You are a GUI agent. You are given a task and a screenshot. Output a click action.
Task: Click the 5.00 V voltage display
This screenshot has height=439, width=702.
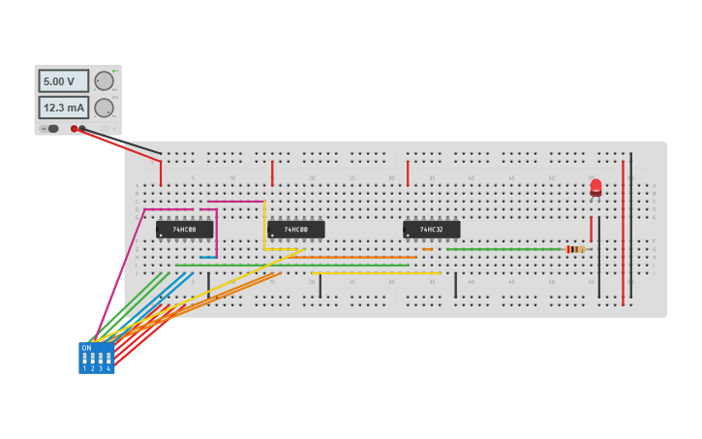63,81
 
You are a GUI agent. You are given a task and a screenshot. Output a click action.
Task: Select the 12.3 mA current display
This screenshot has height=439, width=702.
63,108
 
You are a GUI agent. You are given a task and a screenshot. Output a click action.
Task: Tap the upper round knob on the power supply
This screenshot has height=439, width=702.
104,81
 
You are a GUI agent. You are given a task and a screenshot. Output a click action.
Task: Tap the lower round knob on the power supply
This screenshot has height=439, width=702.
104,108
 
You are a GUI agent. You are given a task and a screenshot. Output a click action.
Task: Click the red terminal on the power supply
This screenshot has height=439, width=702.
74,128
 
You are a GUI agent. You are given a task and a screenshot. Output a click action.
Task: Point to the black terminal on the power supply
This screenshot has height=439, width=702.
82,128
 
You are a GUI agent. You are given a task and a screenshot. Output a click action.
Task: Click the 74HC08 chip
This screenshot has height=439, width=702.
184,230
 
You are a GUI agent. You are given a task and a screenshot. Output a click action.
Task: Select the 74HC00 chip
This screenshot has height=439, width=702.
295,230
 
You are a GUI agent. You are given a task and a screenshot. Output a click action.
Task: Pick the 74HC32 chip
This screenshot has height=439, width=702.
431,230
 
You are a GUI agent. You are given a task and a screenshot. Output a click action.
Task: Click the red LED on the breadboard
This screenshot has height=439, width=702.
595,187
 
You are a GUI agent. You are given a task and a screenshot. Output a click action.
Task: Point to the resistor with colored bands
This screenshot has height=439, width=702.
576,249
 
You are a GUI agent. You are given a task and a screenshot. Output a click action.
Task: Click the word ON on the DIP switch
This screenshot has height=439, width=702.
86,348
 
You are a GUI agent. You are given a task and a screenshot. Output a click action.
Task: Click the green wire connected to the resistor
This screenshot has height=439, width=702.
504,249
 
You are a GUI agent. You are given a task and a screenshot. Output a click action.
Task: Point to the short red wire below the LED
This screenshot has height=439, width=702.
591,229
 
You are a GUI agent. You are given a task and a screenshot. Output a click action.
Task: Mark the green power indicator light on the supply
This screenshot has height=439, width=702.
115,71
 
